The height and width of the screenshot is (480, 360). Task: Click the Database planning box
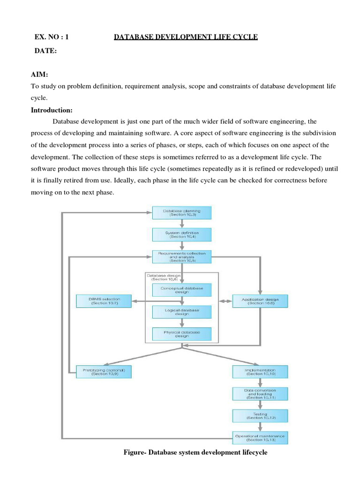(x=182, y=213)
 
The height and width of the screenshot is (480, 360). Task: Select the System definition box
(x=182, y=234)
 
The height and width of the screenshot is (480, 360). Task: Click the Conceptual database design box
(x=182, y=290)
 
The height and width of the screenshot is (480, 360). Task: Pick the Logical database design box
(x=182, y=312)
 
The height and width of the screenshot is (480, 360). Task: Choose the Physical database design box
(x=182, y=334)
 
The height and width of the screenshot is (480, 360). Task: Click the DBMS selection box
(x=104, y=300)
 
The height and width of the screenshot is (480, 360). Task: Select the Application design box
(x=260, y=300)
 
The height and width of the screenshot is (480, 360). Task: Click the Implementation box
(x=260, y=372)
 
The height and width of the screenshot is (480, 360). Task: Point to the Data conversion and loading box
(x=260, y=394)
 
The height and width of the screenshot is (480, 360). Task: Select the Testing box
(x=260, y=416)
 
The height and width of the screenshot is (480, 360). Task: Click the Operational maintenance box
(x=260, y=438)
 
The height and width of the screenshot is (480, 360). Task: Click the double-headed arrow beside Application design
(x=225, y=300)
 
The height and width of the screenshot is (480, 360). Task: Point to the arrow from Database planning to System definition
(x=182, y=224)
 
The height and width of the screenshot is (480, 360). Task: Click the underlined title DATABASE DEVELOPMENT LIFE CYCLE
(x=186, y=37)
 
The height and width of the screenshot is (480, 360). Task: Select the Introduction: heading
(x=52, y=110)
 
